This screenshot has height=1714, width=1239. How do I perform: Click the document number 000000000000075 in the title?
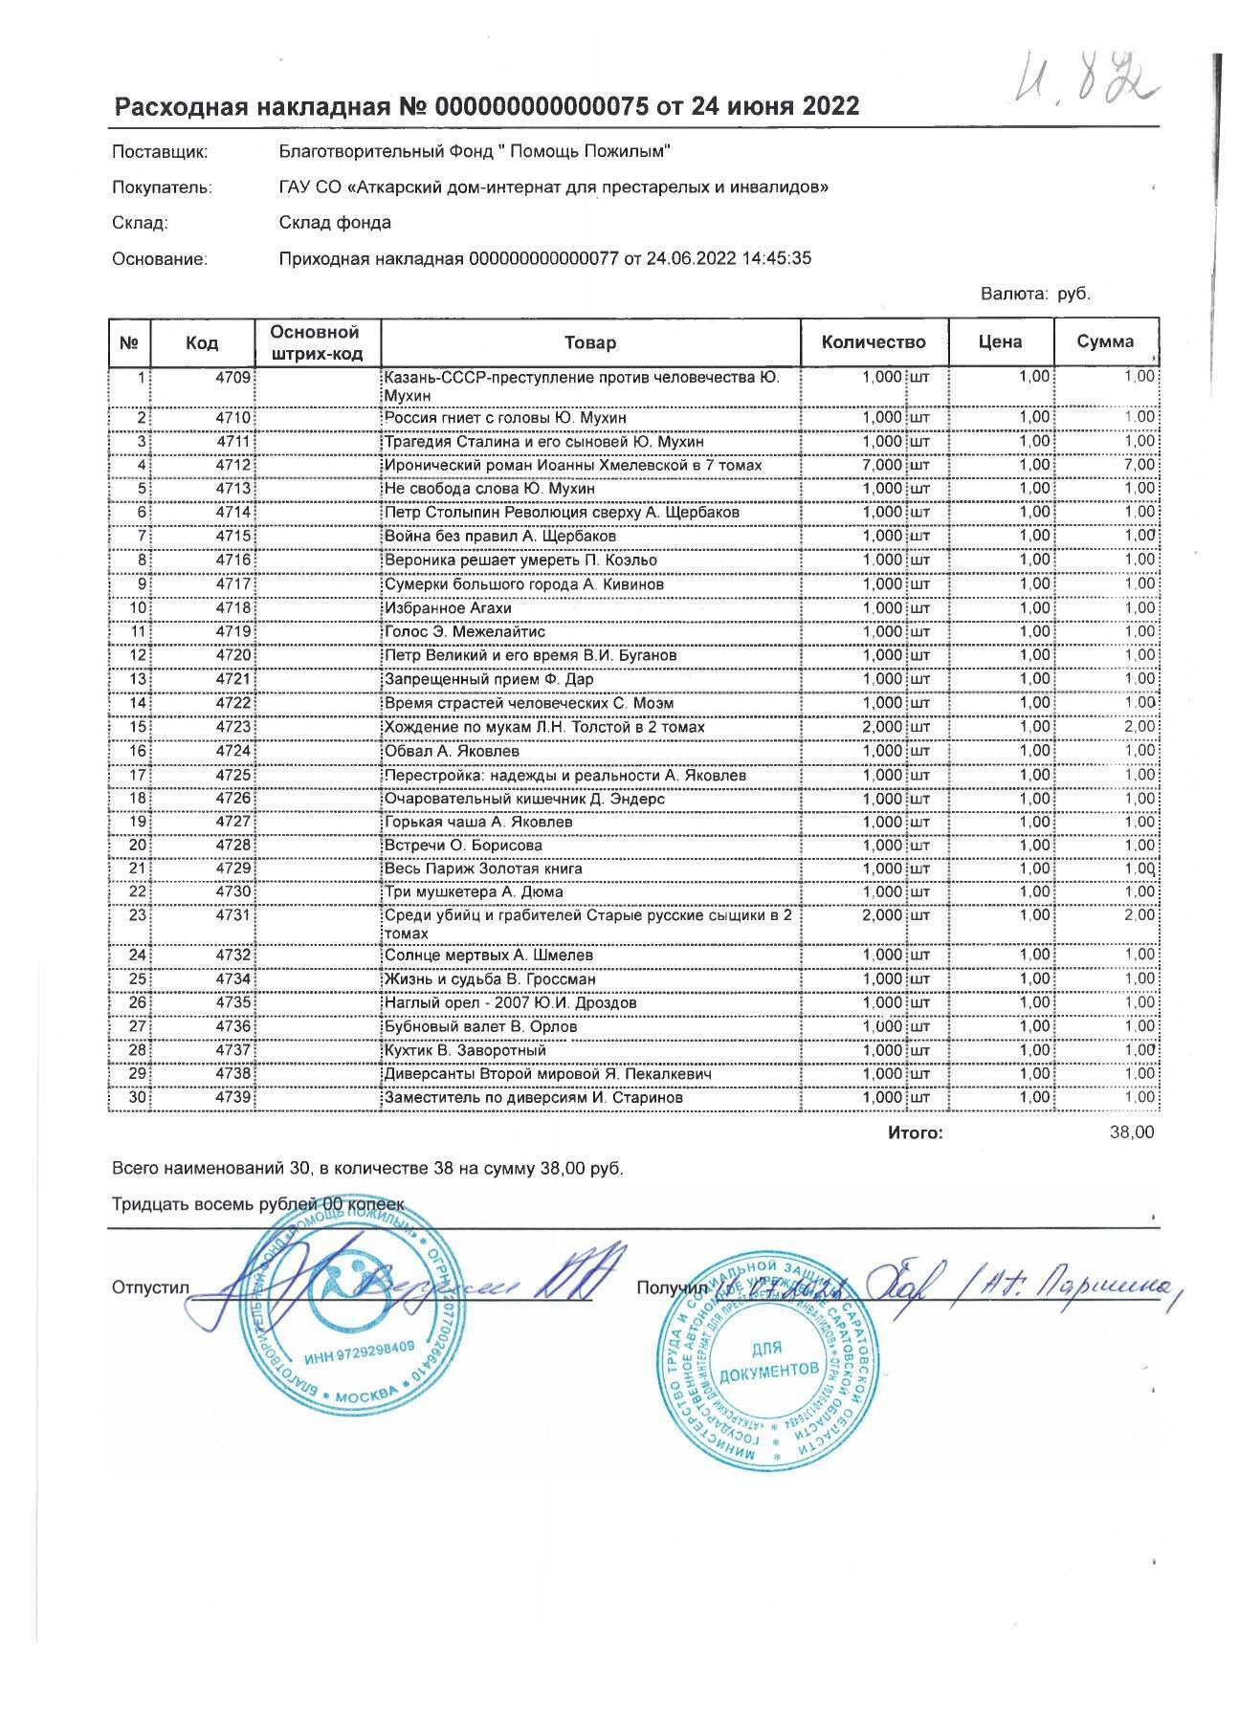click(541, 106)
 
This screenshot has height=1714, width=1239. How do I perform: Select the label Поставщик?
click(159, 151)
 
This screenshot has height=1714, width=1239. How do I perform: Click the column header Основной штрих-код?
click(316, 342)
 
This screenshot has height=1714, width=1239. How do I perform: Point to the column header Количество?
click(874, 341)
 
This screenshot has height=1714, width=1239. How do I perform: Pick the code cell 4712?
click(232, 465)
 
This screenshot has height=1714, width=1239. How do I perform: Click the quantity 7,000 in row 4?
click(881, 465)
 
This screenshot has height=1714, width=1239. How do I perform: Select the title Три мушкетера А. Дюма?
click(473, 892)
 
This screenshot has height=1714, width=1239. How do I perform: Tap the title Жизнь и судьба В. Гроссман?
click(489, 979)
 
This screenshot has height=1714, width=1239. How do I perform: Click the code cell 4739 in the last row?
click(232, 1098)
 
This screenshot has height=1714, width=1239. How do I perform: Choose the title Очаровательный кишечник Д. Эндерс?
click(523, 799)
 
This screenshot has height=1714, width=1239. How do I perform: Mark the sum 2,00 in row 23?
click(1139, 915)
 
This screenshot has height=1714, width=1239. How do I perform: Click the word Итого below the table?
click(915, 1133)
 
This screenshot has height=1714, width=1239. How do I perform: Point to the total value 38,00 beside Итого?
click(1132, 1132)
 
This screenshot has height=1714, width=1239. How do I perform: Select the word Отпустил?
click(151, 1287)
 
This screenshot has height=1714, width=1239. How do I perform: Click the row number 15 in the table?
click(138, 727)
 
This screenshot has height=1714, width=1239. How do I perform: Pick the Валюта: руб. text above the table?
click(1035, 294)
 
